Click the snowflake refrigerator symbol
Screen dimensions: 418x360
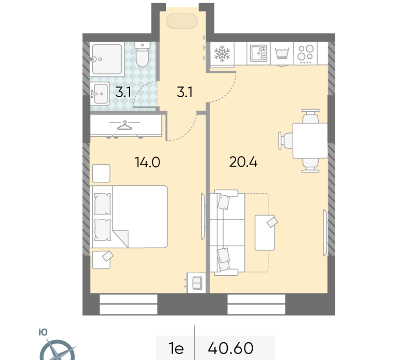coord(222,54)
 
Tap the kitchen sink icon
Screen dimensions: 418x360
coord(258,53)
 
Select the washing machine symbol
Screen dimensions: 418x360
coord(282,53)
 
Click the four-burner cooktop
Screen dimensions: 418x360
coord(306,54)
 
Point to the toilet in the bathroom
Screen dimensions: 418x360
coord(142,54)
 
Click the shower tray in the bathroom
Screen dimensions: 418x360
coord(107,59)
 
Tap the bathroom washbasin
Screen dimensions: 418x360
coord(100,94)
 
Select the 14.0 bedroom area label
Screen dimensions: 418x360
coord(148,162)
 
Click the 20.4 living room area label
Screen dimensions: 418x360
coord(243,162)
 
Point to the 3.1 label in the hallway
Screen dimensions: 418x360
coord(184,92)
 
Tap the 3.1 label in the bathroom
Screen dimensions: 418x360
coord(123,92)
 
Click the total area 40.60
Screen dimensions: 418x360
coord(230,348)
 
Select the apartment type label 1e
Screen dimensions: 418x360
coord(176,348)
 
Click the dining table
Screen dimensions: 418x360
coord(310,140)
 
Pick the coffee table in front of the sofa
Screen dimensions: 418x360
coord(265,233)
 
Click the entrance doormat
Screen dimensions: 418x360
coord(182,21)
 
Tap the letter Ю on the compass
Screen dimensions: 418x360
coord(43,332)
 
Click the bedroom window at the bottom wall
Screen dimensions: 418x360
coord(128,304)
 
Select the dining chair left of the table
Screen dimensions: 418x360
coord(286,140)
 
